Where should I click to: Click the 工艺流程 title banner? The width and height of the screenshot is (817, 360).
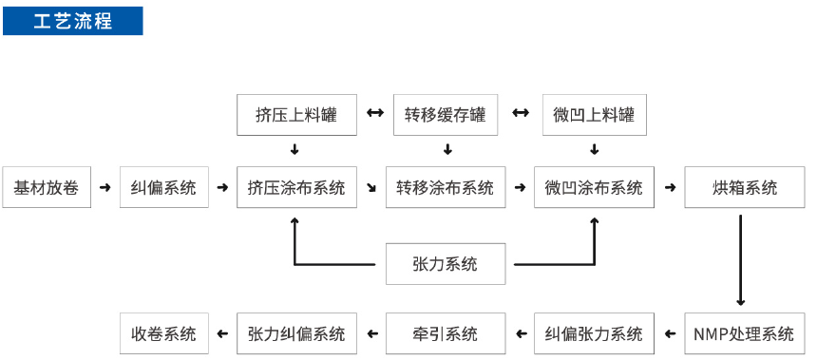coord(73,21)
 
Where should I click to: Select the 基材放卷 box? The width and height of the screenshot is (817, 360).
coord(47,187)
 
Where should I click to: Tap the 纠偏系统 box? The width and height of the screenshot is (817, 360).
coord(163,187)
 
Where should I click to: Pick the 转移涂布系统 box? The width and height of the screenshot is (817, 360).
coord(446,187)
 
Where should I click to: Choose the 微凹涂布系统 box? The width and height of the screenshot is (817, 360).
coord(594,187)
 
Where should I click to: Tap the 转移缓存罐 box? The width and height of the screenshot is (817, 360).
coord(446,115)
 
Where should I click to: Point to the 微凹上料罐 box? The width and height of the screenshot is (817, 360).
coord(594,115)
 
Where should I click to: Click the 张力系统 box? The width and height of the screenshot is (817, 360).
coord(446,263)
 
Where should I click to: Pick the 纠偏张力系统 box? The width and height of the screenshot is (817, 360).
coord(594,333)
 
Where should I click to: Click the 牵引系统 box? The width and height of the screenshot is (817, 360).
coord(446,333)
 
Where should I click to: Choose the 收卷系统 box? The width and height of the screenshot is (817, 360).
coord(163,333)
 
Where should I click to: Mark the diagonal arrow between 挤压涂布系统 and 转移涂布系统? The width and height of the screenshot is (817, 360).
coord(370,188)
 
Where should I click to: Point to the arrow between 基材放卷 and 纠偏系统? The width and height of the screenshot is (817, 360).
coord(104,187)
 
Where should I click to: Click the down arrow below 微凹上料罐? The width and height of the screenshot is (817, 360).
coord(595,149)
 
